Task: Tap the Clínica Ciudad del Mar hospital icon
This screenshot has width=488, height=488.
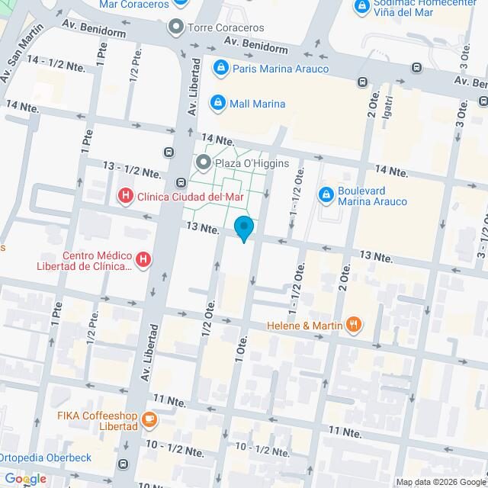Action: (125, 196)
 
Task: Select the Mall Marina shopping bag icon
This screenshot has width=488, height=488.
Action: (218, 103)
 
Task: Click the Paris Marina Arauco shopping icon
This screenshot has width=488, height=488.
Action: (220, 69)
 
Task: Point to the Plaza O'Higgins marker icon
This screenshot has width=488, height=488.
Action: (204, 162)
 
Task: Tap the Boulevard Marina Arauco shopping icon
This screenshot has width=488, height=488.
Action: (326, 195)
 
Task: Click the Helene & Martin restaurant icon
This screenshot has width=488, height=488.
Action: (352, 325)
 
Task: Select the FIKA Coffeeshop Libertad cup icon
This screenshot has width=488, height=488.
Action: (150, 419)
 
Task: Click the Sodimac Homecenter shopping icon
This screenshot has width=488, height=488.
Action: (363, 8)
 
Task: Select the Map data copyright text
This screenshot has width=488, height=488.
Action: (441, 481)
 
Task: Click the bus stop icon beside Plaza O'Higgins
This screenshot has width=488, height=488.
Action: (181, 182)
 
